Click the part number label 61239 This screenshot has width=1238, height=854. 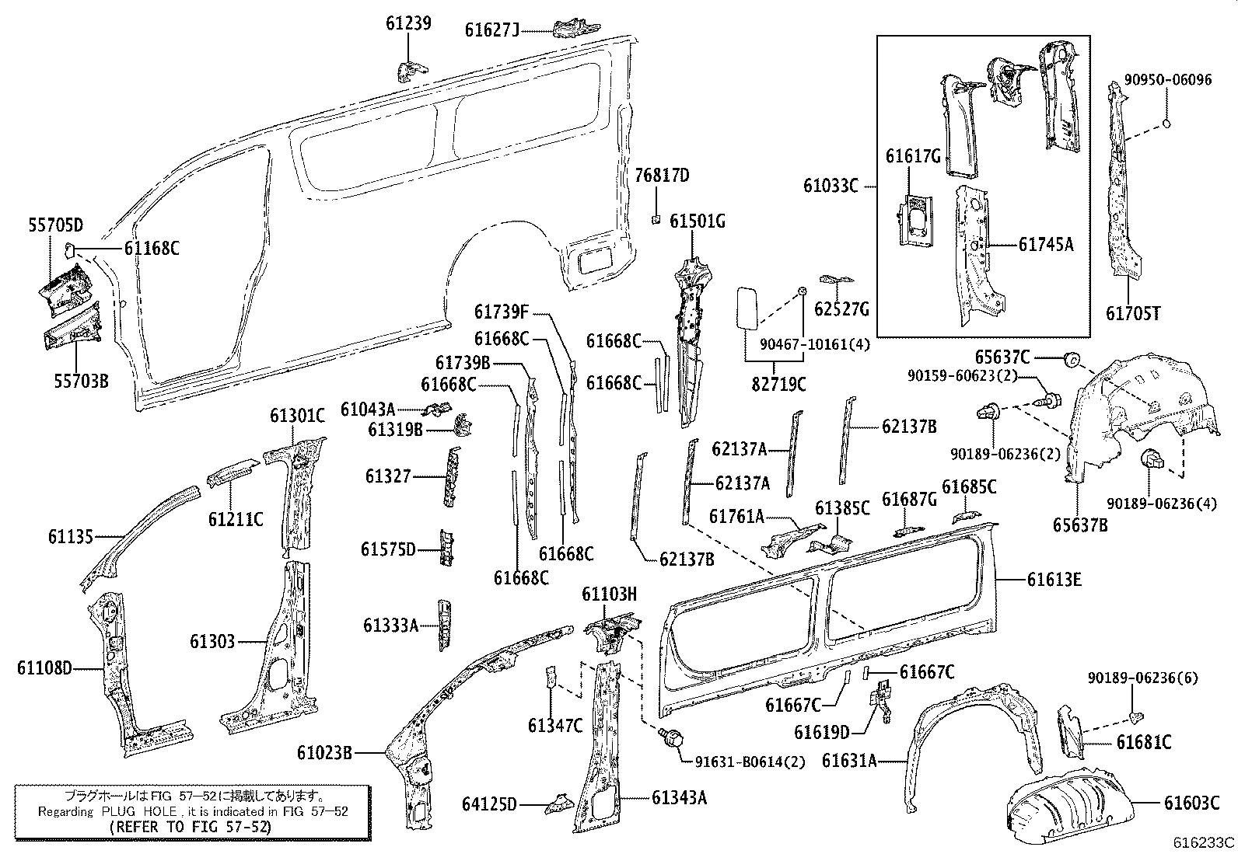407,23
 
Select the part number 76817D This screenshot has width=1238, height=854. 662,176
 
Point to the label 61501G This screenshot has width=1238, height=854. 697,221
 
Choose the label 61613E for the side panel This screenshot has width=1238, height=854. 1054,579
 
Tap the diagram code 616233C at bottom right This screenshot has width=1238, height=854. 1204,842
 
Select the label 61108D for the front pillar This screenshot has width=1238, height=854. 44,668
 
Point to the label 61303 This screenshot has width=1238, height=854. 212,641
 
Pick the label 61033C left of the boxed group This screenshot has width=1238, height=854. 831,186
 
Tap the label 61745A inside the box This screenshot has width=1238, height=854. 1046,244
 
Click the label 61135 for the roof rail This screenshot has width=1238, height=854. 70,536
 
